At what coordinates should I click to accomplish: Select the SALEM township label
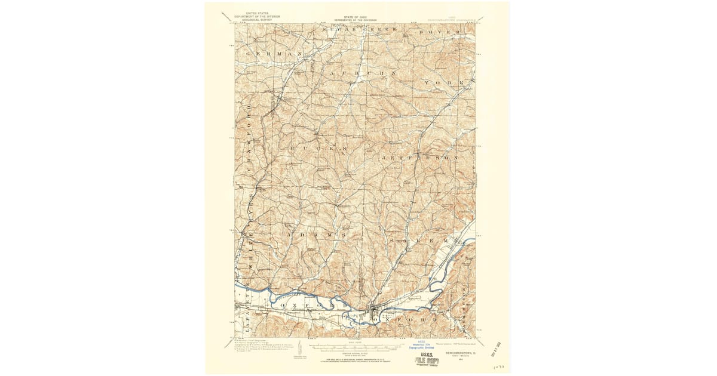pyautogui.click(x=418, y=241)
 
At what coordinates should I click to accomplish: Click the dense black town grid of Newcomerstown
pyautogui.click(x=374, y=312)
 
